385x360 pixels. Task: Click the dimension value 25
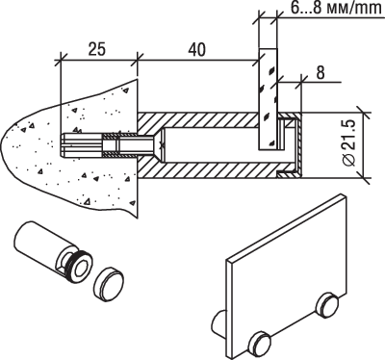pos(96,49)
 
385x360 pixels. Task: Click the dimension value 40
pos(196,49)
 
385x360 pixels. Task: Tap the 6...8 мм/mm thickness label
pos(335,8)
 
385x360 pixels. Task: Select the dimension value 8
pos(321,73)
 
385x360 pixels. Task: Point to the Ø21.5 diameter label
pos(348,142)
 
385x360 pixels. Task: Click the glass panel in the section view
pos(268,99)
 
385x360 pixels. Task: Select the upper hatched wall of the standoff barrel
pos(199,119)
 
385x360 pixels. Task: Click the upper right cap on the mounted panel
pos(326,304)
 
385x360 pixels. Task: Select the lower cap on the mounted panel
pos(260,345)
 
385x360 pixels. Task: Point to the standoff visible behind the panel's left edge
pos(218,324)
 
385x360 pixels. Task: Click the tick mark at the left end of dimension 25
pos(61,60)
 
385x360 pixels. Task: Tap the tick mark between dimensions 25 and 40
pos(138,60)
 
